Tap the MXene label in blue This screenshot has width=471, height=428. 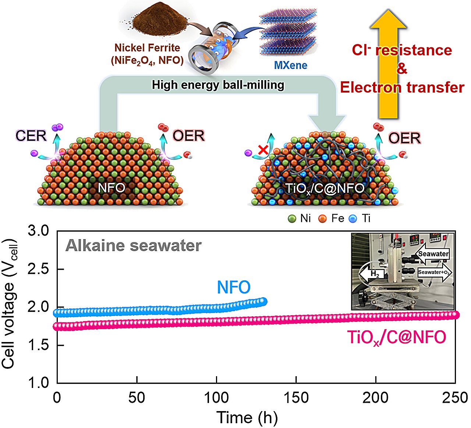290,65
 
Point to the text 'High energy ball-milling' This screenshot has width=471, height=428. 218,85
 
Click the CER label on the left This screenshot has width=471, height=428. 31,136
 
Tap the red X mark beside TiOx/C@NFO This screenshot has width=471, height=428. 263,150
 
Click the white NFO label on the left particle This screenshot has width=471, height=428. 111,188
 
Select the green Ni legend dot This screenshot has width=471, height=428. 292,219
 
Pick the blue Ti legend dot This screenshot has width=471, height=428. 353,219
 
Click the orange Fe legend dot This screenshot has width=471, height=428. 322,219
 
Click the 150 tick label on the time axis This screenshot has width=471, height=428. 296,398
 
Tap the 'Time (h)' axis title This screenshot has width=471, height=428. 247,418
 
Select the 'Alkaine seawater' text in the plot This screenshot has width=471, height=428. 134,245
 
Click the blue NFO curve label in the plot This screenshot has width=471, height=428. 234,287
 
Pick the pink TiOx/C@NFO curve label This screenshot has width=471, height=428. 397,337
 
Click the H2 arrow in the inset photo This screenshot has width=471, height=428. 371,274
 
